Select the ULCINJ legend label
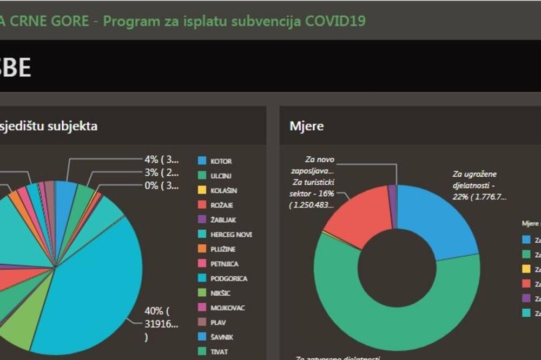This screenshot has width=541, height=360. coord(222,176)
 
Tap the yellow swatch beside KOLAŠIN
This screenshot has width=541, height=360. coord(202,190)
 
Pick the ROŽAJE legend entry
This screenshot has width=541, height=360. coord(222,205)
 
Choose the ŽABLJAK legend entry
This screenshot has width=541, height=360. coord(223,220)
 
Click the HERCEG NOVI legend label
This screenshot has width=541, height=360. coord(231,235)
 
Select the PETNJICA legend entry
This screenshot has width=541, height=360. coord(225,264)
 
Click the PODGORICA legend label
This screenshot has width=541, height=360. coord(229,278)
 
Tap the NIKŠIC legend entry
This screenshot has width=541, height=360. coord(221,293)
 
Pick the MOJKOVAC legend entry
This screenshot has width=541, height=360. coord(228,308)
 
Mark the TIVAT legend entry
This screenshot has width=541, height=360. coord(219,352)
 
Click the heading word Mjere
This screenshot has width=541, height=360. coord(306,126)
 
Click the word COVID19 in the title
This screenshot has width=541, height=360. coord(335,21)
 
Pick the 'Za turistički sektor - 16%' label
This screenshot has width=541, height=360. coord(313,194)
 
